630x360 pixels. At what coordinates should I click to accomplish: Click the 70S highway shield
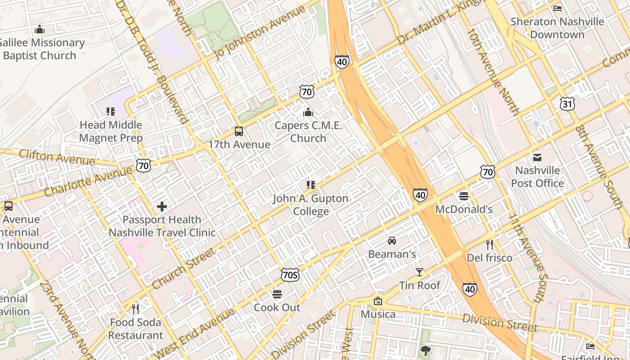[x=290, y=275]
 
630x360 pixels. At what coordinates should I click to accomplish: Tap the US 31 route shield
[x=567, y=104]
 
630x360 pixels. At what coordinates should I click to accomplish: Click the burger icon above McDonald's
[x=464, y=196]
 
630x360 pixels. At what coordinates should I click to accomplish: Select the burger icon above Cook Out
[x=277, y=294]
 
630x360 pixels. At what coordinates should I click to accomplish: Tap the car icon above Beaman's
[x=392, y=241]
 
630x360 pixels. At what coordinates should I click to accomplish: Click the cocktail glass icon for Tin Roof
[x=419, y=272]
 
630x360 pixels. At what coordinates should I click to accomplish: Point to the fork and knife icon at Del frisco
[x=490, y=245]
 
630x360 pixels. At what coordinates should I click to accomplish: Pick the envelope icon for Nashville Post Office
[x=537, y=157]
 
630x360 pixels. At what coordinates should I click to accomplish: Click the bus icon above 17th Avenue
[x=239, y=131]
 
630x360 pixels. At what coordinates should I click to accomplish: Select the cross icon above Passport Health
[x=162, y=207]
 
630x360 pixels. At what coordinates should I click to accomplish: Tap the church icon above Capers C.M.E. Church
[x=308, y=112]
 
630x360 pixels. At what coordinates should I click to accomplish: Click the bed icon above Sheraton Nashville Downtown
[x=558, y=8]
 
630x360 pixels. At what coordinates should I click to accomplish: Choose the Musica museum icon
[x=378, y=301]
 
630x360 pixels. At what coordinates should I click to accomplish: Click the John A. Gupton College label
[x=310, y=205]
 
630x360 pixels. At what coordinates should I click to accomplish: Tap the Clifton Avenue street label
[x=57, y=157]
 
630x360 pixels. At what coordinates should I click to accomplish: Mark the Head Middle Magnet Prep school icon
[x=111, y=111]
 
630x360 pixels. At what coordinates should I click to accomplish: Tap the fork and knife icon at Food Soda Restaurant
[x=135, y=309]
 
